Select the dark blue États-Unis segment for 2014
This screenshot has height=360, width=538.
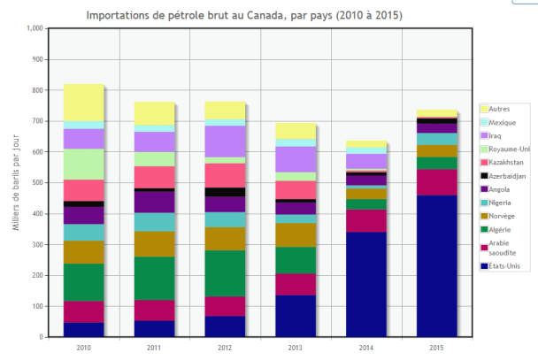[x=366, y=285]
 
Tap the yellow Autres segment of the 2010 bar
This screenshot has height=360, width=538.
[x=83, y=103]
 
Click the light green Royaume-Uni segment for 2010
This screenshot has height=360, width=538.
[x=83, y=164]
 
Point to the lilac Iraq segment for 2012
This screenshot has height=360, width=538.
[x=225, y=141]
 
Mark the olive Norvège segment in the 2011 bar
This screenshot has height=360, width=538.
[x=154, y=244]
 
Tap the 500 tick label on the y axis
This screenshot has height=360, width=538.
[x=35, y=183]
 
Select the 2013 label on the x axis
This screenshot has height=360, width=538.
[x=296, y=348]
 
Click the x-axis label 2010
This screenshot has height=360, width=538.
[x=83, y=348]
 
